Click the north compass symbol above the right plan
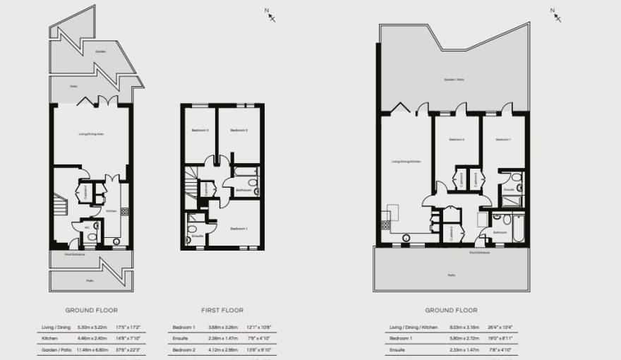pos(553,13)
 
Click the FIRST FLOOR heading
pos(222,310)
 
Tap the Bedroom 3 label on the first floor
pos(200,130)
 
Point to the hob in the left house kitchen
pos(125,210)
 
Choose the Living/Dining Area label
pos(92,133)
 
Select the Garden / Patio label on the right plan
pos(454,80)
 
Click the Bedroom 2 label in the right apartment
pos(457,139)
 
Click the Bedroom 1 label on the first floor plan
pos(239,228)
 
